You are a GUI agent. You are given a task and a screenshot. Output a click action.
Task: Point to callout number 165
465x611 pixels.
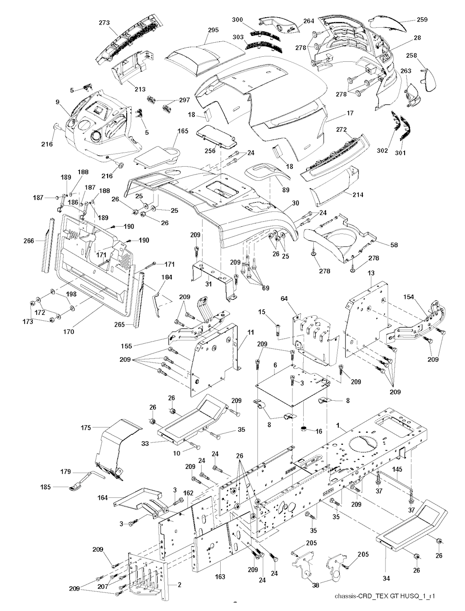183,131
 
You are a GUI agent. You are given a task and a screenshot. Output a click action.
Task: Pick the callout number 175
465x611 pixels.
86,427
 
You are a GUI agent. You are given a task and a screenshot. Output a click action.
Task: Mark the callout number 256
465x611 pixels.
209,151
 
